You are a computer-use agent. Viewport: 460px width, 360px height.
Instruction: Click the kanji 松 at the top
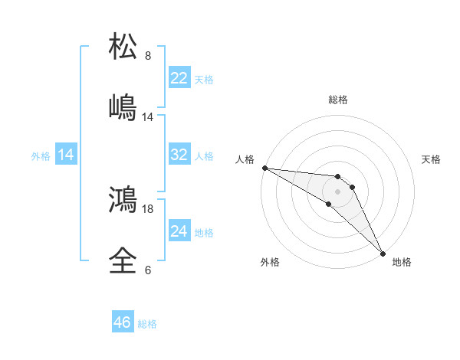pyautogui.click(x=123, y=46)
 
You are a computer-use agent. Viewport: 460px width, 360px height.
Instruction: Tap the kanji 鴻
pyautogui.click(x=123, y=200)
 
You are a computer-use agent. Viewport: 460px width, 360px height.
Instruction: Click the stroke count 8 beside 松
pyautogui.click(x=148, y=56)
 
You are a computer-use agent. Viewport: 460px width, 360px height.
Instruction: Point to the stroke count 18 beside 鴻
pyautogui.click(x=148, y=208)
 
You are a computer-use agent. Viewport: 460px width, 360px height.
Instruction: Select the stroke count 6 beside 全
pyautogui.click(x=148, y=270)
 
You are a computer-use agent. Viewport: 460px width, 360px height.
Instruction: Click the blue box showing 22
pyautogui.click(x=179, y=78)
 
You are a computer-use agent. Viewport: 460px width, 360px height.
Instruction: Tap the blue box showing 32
pyautogui.click(x=179, y=155)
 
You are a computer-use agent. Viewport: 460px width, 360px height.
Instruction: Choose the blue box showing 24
pyautogui.click(x=179, y=231)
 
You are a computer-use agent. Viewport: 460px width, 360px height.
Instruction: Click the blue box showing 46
pyautogui.click(x=123, y=322)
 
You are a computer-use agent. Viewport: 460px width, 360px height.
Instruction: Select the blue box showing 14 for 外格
pyautogui.click(x=66, y=155)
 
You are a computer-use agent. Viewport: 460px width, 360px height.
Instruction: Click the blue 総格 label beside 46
pyautogui.click(x=147, y=324)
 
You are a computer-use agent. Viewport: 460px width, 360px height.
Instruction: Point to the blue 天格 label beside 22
pyautogui.click(x=204, y=80)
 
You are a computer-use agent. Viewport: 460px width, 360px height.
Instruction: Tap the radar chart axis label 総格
pyautogui.click(x=338, y=100)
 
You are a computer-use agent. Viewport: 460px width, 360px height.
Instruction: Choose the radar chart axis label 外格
pyautogui.click(x=269, y=262)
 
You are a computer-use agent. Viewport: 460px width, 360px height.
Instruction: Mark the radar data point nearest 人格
pyautogui.click(x=264, y=168)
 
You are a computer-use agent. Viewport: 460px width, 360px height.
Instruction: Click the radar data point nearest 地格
pyautogui.click(x=383, y=253)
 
